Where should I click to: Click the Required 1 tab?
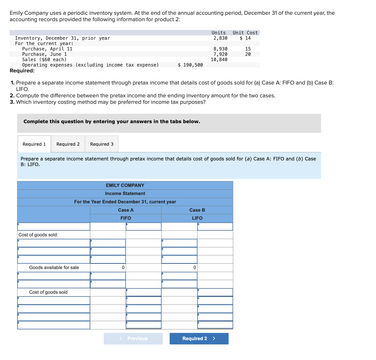click(34, 144)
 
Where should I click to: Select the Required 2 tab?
click(68, 144)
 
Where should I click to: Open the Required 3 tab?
click(102, 144)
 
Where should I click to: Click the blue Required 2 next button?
click(199, 339)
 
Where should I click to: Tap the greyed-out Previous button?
click(133, 339)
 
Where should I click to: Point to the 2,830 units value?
click(220, 38)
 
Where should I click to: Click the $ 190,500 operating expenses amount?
click(190, 65)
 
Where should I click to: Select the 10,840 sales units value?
click(219, 60)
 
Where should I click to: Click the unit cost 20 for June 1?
click(248, 54)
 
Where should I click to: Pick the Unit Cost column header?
click(245, 33)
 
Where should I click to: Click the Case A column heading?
click(126, 210)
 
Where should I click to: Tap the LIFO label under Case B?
click(197, 218)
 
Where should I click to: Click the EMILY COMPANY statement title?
click(125, 185)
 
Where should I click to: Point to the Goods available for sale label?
click(54, 267)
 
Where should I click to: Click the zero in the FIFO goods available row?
click(123, 267)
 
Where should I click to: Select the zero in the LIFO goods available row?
click(195, 267)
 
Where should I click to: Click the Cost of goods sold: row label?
click(38, 235)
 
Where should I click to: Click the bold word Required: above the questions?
click(22, 71)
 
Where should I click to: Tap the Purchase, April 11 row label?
click(47, 49)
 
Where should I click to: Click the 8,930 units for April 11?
click(220, 49)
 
